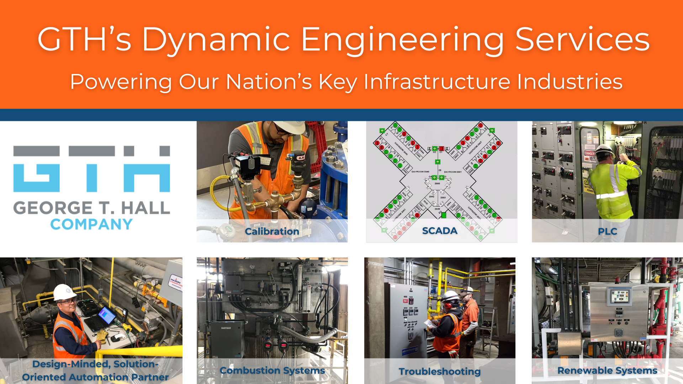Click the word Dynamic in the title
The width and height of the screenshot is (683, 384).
point(216,40)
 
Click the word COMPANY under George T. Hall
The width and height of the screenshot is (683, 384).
point(91,224)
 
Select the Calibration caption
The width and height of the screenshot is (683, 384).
point(272,231)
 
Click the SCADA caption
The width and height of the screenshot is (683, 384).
point(439,231)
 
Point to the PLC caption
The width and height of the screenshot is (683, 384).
point(607,231)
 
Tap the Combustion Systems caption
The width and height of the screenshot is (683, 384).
point(272,370)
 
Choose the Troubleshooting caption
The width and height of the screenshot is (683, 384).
point(439,372)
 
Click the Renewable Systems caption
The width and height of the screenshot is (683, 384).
point(607,370)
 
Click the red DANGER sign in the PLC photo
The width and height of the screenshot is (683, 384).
point(589,154)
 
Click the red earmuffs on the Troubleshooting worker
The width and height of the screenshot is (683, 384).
point(446,305)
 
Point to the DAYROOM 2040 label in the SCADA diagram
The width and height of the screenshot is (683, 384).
point(420,172)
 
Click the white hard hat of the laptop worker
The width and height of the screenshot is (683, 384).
point(64,292)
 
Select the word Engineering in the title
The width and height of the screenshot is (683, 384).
point(402,40)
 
